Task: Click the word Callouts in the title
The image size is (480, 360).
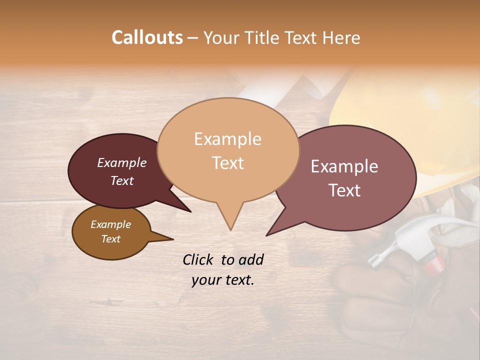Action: pyautogui.click(x=147, y=37)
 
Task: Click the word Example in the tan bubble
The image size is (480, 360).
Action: pyautogui.click(x=227, y=139)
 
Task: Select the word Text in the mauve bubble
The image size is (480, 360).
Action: pyautogui.click(x=345, y=190)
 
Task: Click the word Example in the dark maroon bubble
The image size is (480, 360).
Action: pyautogui.click(x=122, y=162)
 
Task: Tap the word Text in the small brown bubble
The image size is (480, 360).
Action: pyautogui.click(x=111, y=239)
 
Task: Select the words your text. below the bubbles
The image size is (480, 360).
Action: pyautogui.click(x=223, y=280)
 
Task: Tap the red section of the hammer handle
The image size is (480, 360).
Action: pyautogui.click(x=433, y=263)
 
